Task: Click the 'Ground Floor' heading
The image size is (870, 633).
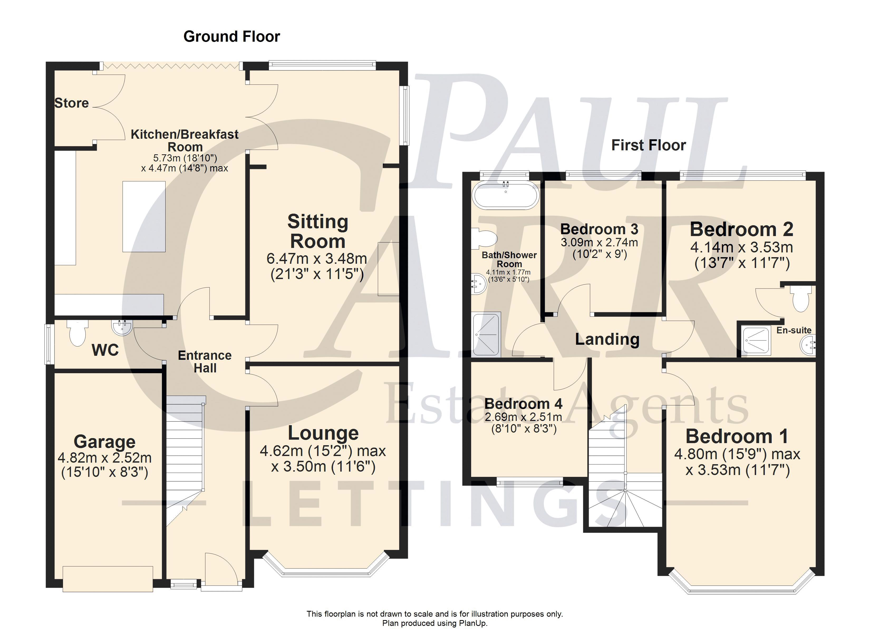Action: pyautogui.click(x=232, y=36)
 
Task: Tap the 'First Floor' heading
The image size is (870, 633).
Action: pyautogui.click(x=648, y=145)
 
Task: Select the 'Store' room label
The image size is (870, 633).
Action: pyautogui.click(x=72, y=103)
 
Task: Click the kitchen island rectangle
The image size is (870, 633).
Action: pyautogui.click(x=144, y=217)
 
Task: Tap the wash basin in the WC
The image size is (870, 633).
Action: pyautogui.click(x=122, y=327)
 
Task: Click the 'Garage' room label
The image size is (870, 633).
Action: pyautogui.click(x=104, y=442)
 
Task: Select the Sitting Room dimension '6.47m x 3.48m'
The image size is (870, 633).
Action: pyautogui.click(x=317, y=258)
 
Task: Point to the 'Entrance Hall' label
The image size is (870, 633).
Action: pyautogui.click(x=205, y=362)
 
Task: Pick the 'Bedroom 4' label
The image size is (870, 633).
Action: pyautogui.click(x=523, y=404)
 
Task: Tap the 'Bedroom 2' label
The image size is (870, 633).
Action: pyautogui.click(x=742, y=229)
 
